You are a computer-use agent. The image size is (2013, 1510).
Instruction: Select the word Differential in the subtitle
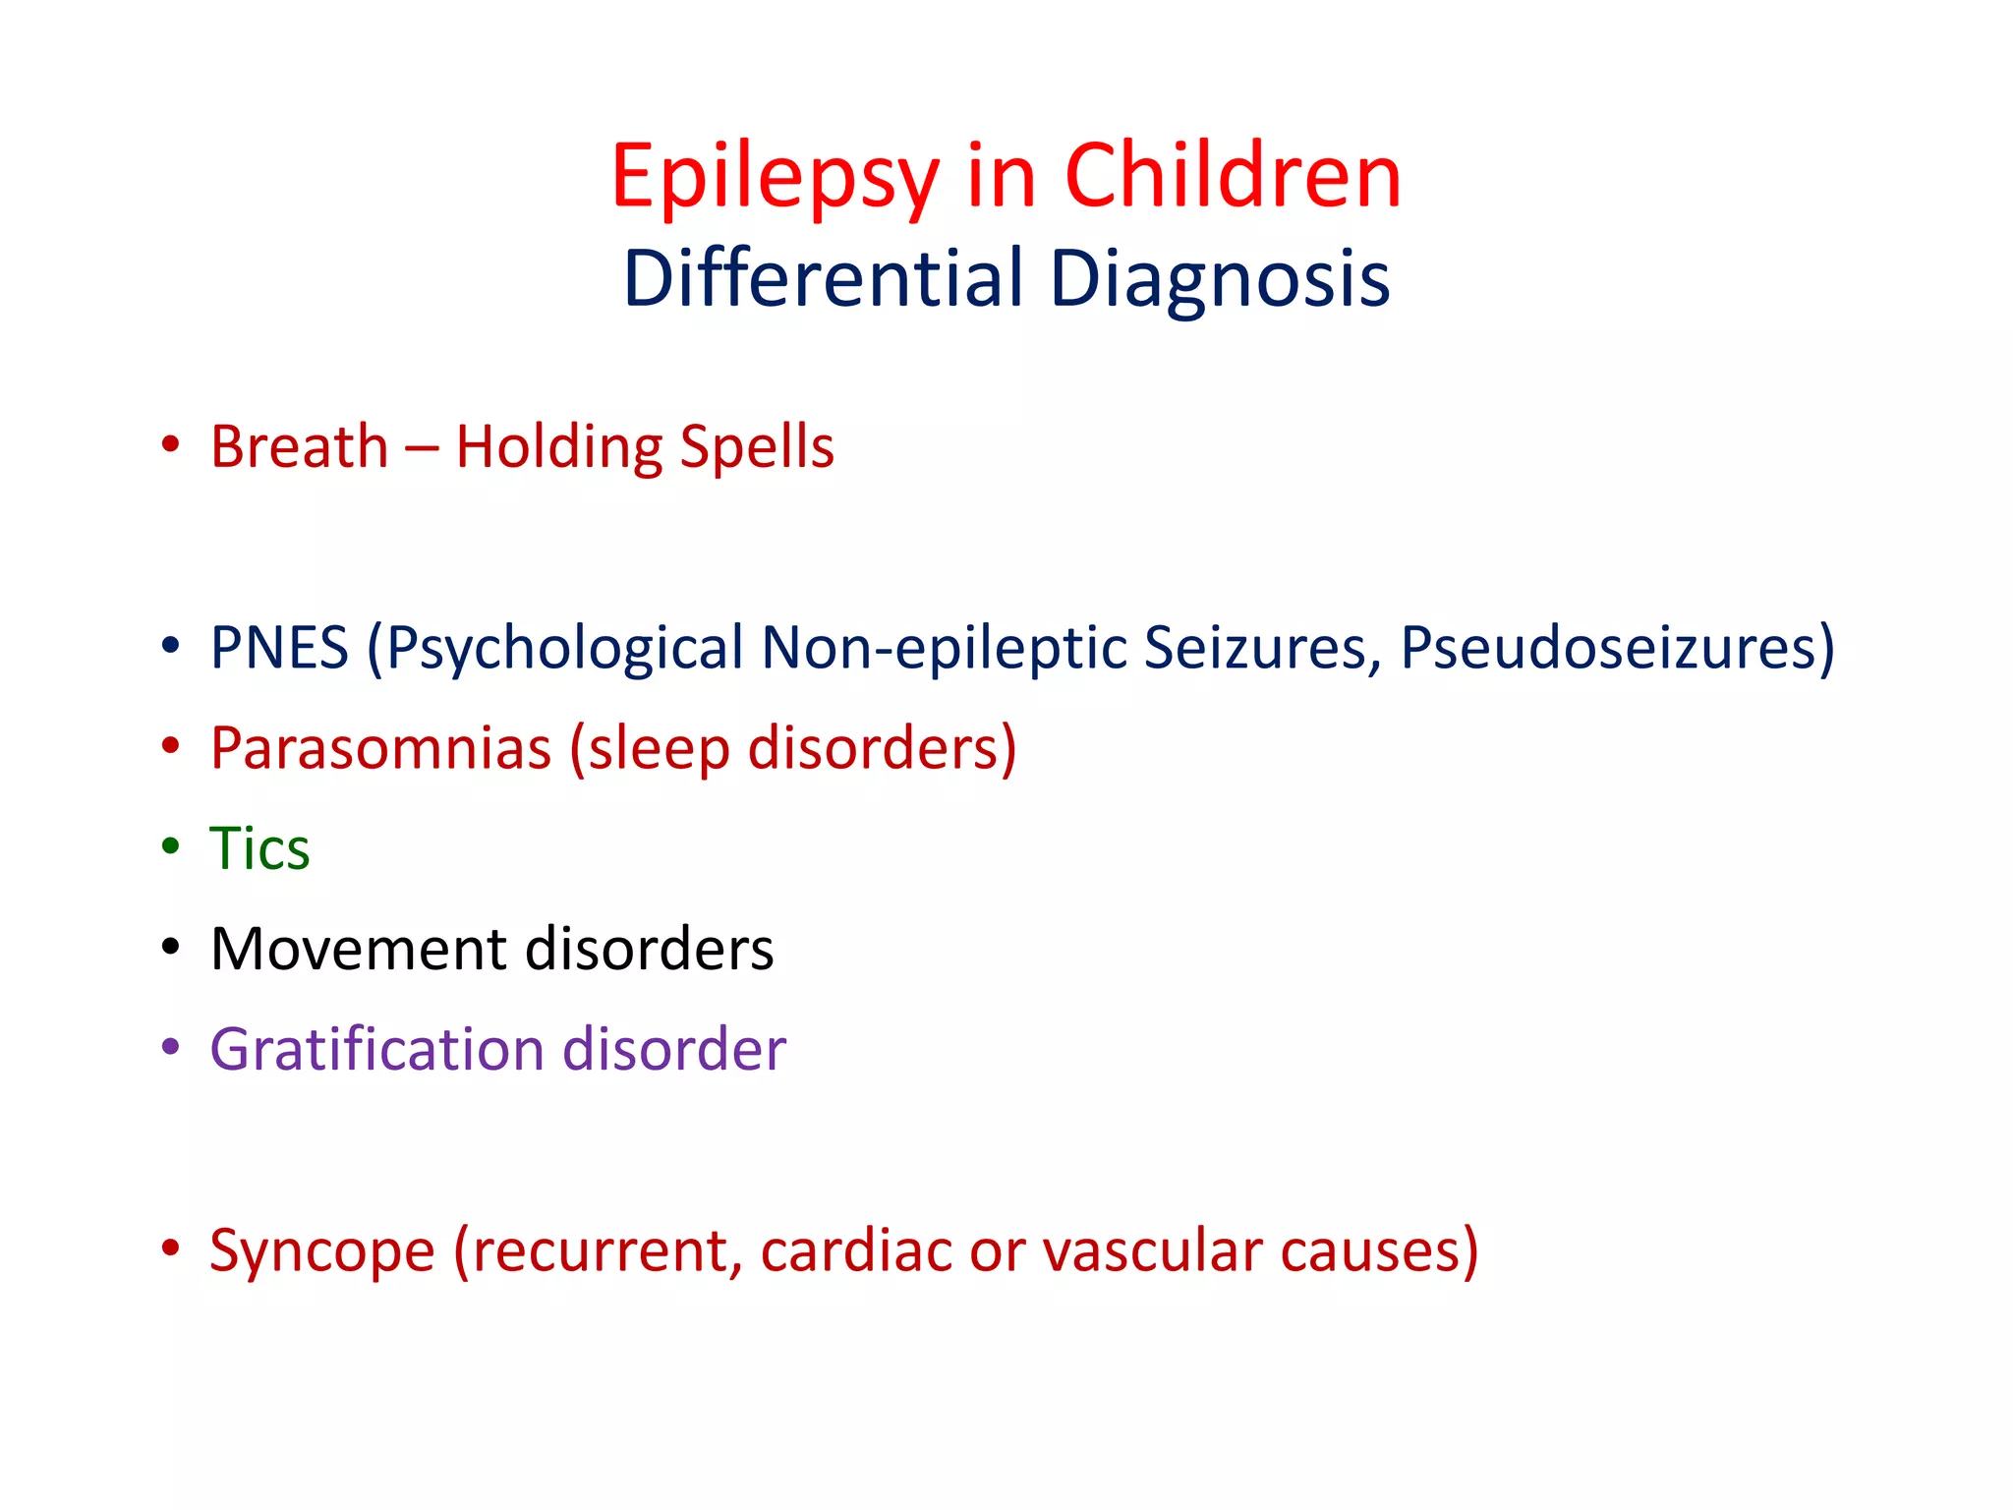(x=824, y=279)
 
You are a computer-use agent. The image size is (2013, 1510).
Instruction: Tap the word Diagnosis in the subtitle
(x=1219, y=279)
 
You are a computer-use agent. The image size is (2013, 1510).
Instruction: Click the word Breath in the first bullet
(x=300, y=447)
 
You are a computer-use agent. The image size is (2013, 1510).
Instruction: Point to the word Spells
(x=757, y=447)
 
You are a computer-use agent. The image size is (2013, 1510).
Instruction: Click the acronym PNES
(x=280, y=649)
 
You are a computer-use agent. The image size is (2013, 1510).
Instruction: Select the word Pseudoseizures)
(x=1617, y=649)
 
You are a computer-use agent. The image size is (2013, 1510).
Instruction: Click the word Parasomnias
(x=381, y=749)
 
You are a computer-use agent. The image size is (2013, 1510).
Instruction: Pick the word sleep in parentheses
(x=659, y=749)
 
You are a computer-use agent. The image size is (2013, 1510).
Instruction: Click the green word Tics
(x=259, y=849)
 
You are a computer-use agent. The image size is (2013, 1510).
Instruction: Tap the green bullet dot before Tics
(x=171, y=845)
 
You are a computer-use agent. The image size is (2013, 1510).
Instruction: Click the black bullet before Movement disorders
(x=171, y=947)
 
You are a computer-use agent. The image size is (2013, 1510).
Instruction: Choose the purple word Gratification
(x=377, y=1050)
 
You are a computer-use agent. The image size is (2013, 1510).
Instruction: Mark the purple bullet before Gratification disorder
(x=171, y=1047)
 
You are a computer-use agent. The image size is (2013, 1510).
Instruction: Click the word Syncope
(x=322, y=1252)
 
